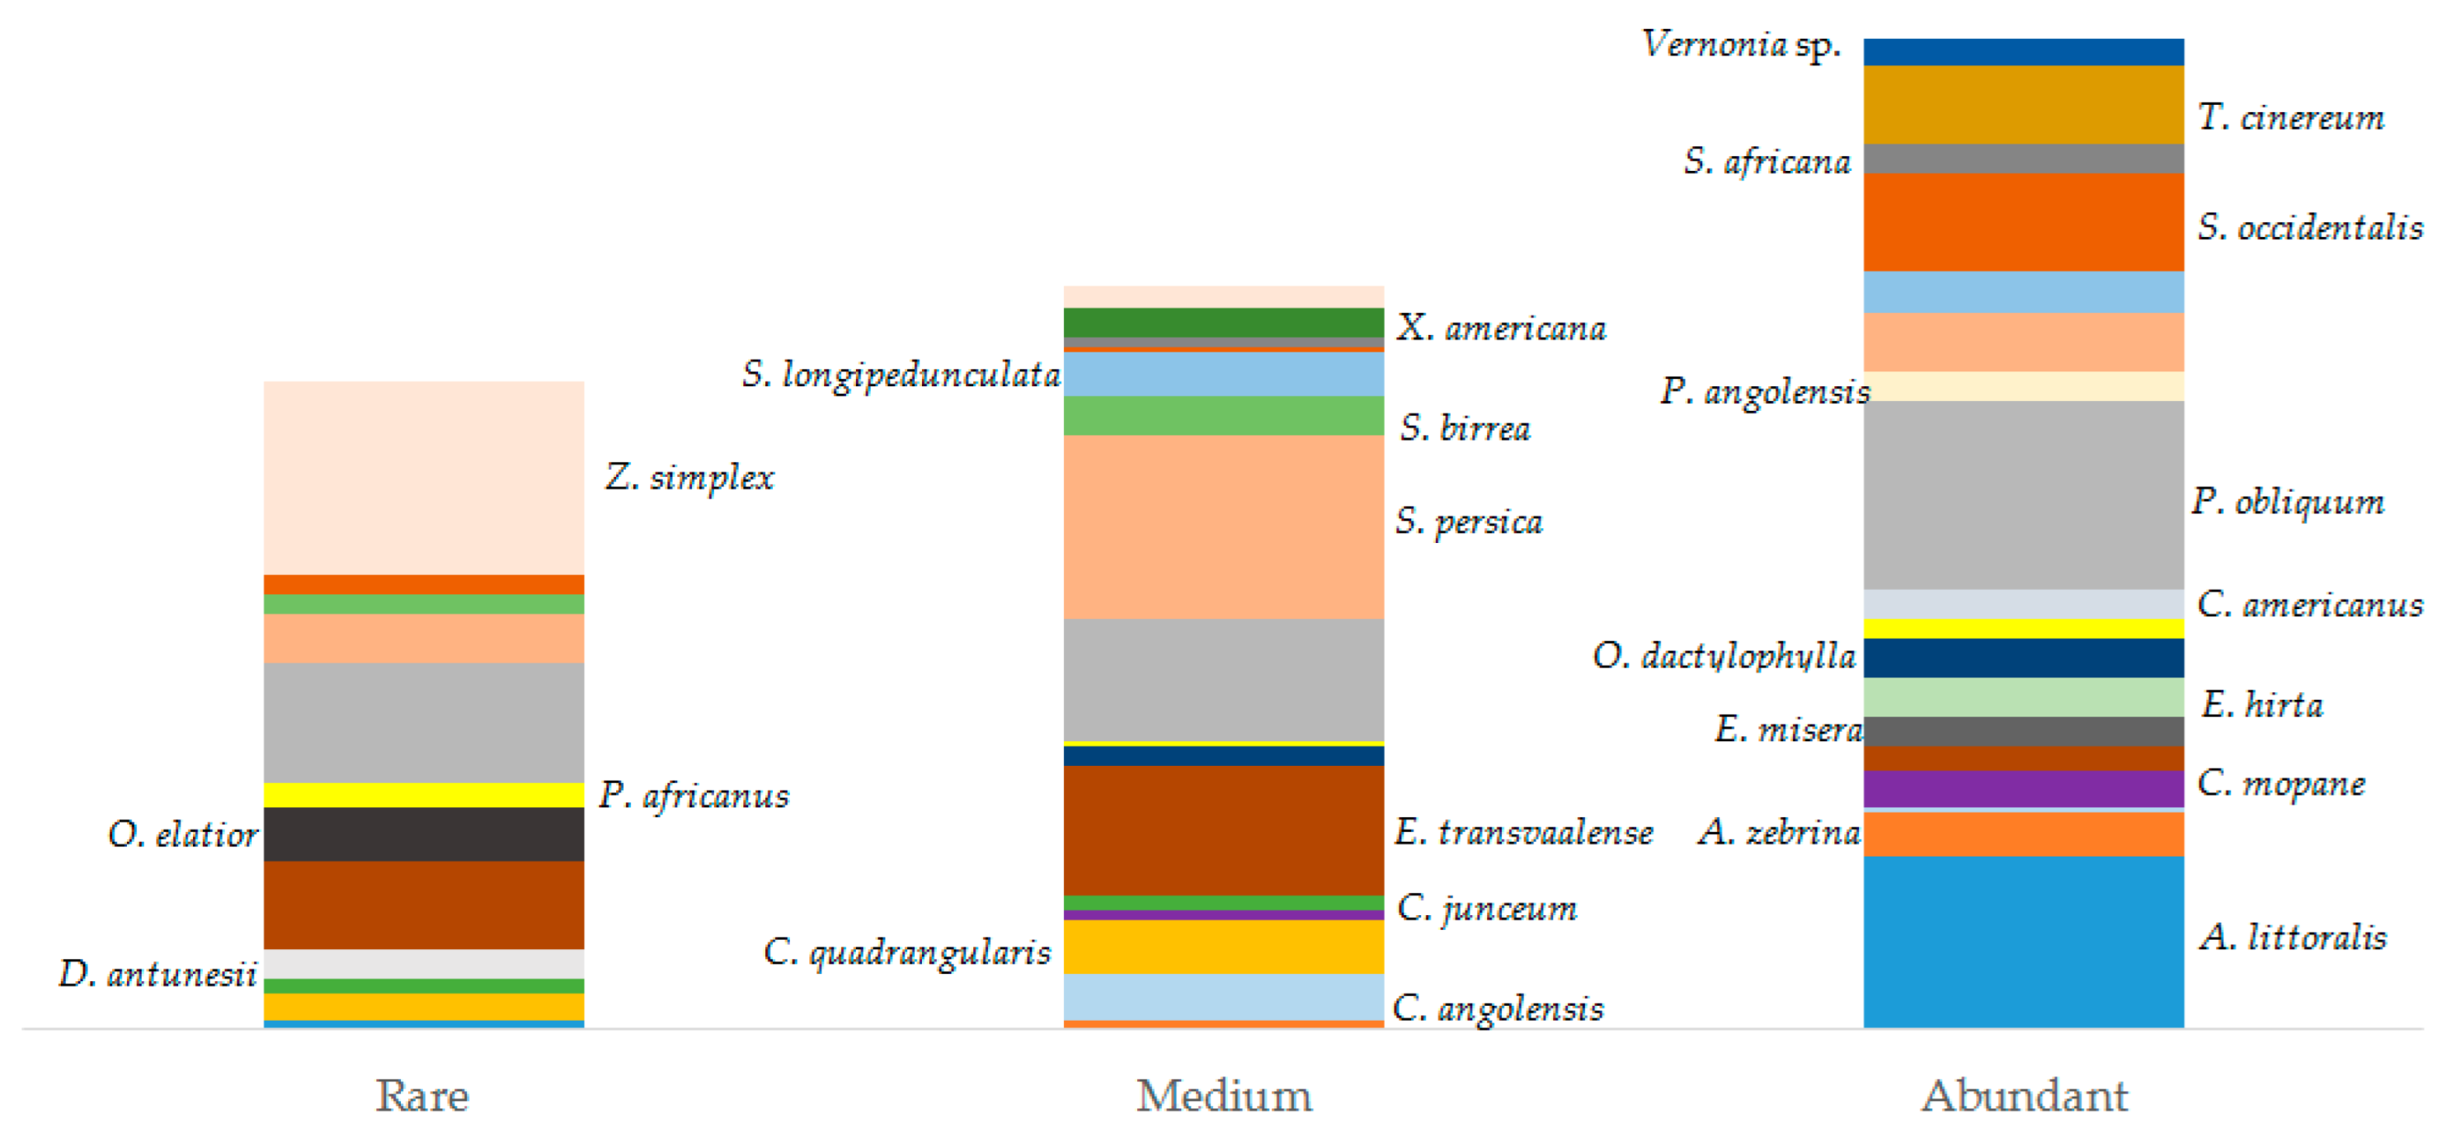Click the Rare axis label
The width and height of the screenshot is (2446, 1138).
click(x=421, y=1095)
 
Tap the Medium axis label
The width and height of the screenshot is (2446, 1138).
click(x=1224, y=1095)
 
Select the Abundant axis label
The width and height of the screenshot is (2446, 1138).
click(x=2024, y=1095)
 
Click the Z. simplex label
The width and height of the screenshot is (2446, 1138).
click(x=690, y=477)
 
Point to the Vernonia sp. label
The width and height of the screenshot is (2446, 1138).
click(x=1741, y=44)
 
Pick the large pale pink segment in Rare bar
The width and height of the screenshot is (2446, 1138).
click(x=424, y=477)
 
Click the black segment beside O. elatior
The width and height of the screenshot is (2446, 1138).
click(x=424, y=833)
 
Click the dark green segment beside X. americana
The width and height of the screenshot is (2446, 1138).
click(x=1223, y=322)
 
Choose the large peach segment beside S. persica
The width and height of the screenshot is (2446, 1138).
click(x=1223, y=527)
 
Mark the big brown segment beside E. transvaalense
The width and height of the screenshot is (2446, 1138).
click(x=1223, y=829)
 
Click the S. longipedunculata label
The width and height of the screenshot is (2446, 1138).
click(x=901, y=375)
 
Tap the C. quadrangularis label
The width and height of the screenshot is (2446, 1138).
click(x=907, y=951)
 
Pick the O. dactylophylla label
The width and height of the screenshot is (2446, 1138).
click(x=1724, y=656)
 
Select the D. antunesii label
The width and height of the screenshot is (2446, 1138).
click(x=158, y=975)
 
